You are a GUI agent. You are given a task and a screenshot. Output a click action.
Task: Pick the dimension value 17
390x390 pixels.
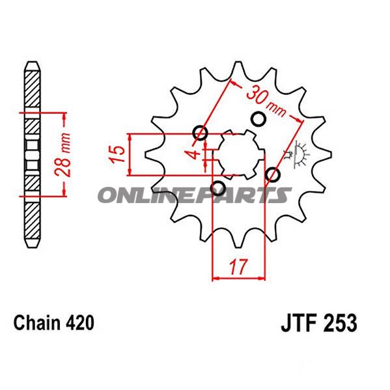click(239, 265)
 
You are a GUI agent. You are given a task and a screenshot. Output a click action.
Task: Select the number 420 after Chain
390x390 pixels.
click(81, 322)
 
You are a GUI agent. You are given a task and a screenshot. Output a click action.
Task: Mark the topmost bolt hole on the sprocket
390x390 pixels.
click(258, 119)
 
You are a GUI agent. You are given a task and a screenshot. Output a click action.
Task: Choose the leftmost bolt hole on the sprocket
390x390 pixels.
click(201, 135)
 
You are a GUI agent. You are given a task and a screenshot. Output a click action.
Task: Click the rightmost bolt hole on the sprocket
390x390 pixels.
click(273, 175)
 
